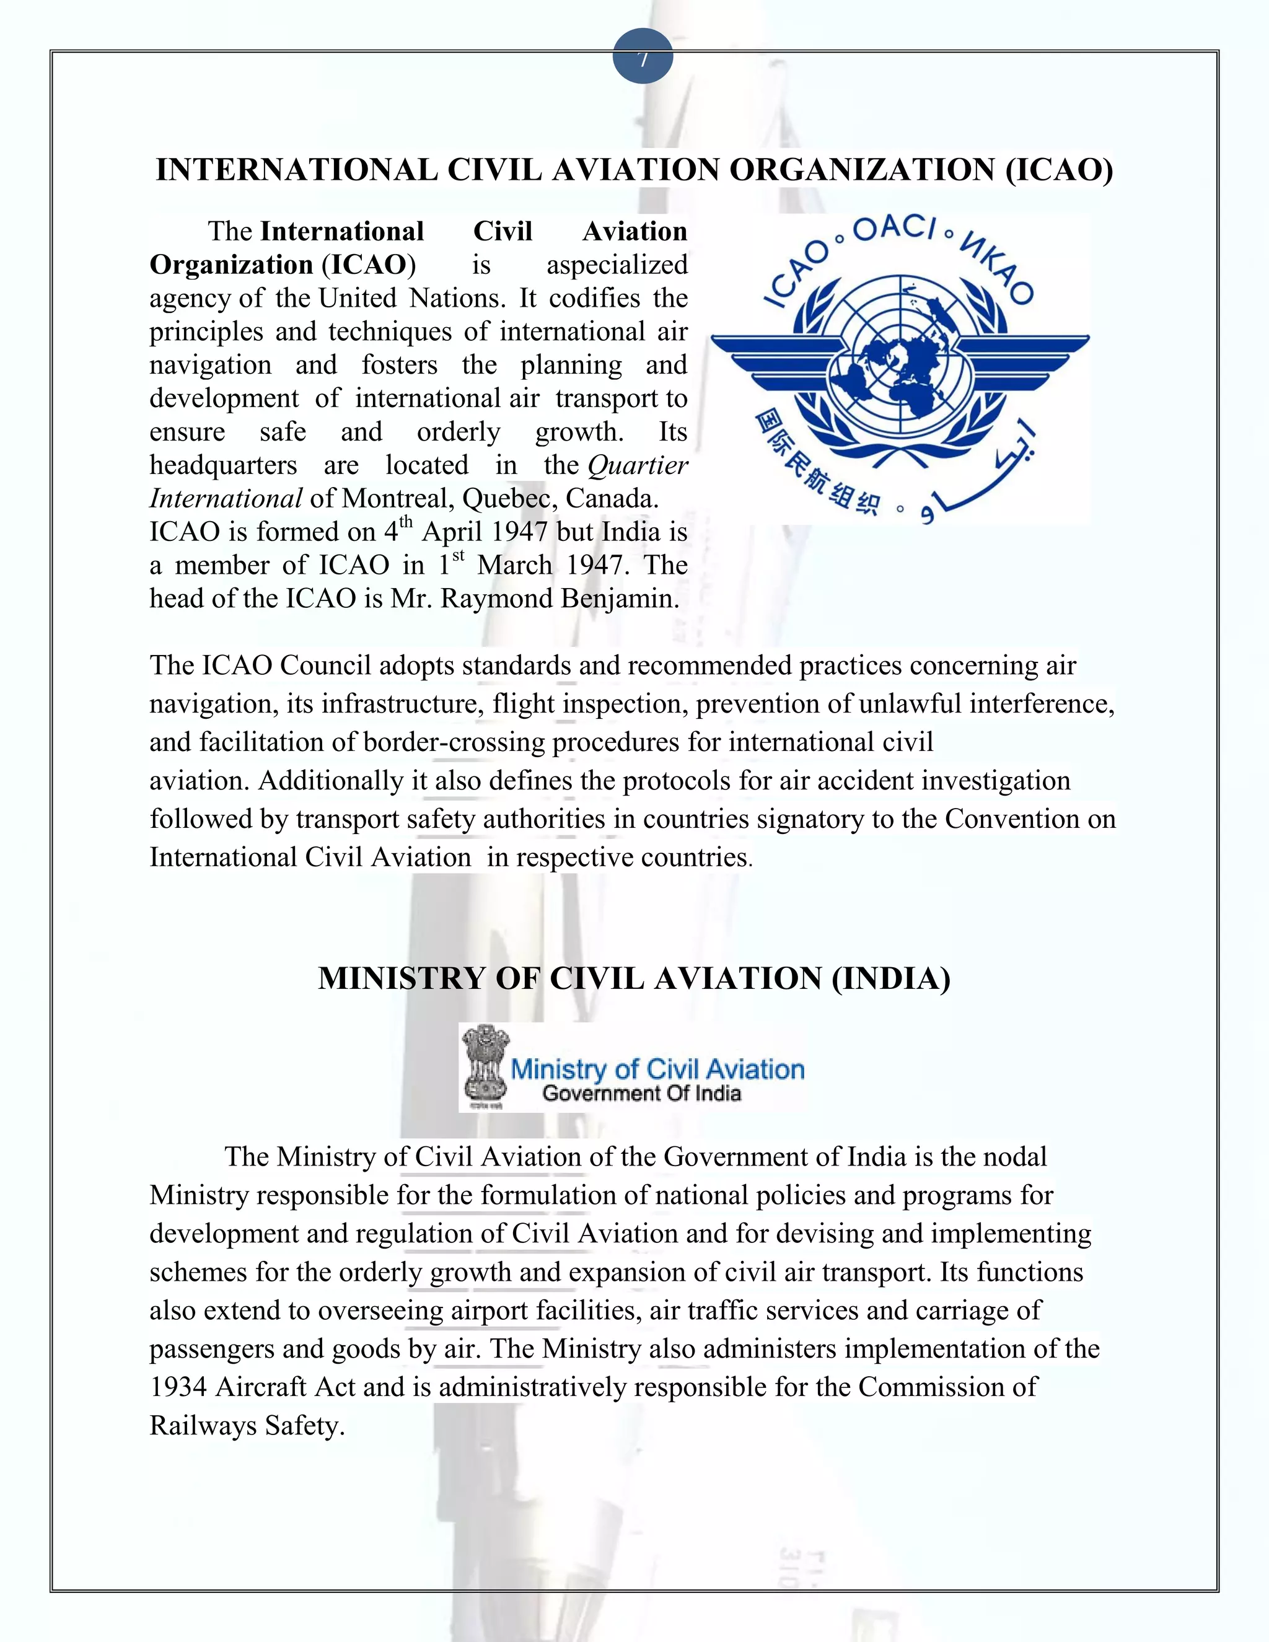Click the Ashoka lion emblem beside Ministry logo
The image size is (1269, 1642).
click(x=485, y=1067)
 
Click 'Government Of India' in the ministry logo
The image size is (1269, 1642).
click(x=641, y=1093)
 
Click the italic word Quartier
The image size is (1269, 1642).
click(x=638, y=465)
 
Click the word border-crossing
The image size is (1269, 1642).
click(x=454, y=742)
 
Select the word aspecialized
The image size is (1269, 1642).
click(x=617, y=265)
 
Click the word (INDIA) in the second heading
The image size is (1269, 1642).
click(x=890, y=978)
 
